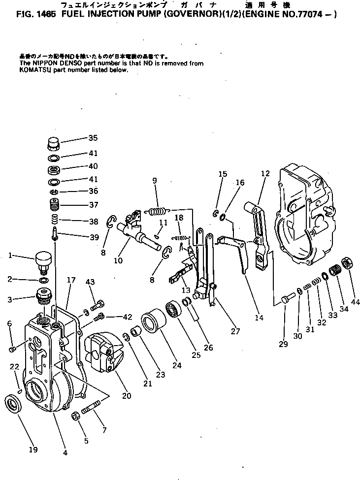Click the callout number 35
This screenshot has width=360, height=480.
(93, 138)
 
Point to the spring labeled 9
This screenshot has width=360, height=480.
(158, 212)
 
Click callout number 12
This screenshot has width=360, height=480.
(265, 173)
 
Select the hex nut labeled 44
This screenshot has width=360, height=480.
(346, 263)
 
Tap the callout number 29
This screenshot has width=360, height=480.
(283, 345)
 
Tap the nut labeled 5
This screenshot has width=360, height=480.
(77, 416)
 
